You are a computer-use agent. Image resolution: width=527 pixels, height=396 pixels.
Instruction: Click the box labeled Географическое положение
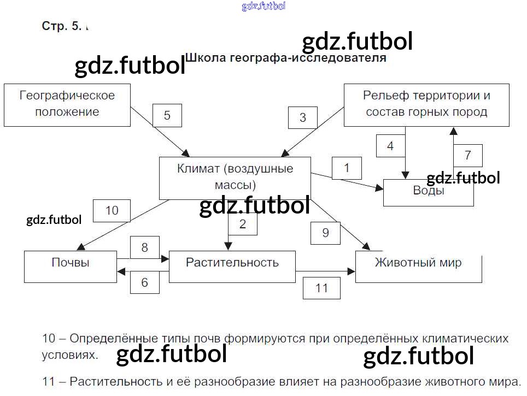67,105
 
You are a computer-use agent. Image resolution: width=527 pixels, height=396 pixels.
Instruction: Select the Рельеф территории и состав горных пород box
426,105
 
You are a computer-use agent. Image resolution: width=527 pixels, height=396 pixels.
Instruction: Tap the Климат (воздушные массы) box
235,179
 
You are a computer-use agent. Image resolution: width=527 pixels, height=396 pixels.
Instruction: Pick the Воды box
429,193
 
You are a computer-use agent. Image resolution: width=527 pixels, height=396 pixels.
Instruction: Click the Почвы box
71,267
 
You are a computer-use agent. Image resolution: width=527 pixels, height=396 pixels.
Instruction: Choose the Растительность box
232,267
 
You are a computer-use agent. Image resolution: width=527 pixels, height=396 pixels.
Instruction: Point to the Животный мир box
419,267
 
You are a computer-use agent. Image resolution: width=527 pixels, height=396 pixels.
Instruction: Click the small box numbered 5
167,116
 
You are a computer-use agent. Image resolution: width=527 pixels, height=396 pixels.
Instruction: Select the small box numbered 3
303,117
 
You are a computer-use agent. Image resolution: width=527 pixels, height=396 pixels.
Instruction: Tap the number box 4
390,146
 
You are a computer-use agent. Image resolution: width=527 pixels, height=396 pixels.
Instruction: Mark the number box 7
468,156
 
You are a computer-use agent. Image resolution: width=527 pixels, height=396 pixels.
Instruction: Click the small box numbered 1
347,168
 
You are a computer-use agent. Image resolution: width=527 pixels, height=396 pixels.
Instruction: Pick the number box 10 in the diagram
112,211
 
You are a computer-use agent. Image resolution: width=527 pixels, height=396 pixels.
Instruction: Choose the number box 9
326,233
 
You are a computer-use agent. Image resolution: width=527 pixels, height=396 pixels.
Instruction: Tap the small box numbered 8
145,247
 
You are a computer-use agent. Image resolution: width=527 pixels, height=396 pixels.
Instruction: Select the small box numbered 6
145,282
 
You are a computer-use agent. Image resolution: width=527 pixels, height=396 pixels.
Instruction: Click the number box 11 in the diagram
321,288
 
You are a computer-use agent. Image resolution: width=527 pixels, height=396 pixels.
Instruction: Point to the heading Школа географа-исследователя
286,58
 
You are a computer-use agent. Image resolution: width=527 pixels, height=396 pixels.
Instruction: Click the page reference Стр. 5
62,26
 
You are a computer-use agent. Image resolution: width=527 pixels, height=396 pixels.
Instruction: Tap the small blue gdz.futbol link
264,6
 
